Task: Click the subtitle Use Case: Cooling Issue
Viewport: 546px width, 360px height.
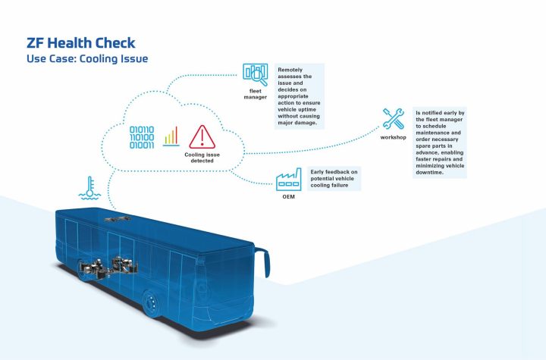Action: [87, 58]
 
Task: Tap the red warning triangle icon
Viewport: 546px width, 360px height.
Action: [202, 136]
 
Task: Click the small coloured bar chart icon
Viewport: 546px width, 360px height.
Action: [172, 136]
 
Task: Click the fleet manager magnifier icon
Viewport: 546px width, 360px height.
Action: [256, 74]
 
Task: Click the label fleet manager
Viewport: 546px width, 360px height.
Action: [256, 95]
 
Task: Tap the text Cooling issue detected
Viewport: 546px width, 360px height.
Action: [202, 157]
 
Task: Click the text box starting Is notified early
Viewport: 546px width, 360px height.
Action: [440, 142]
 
